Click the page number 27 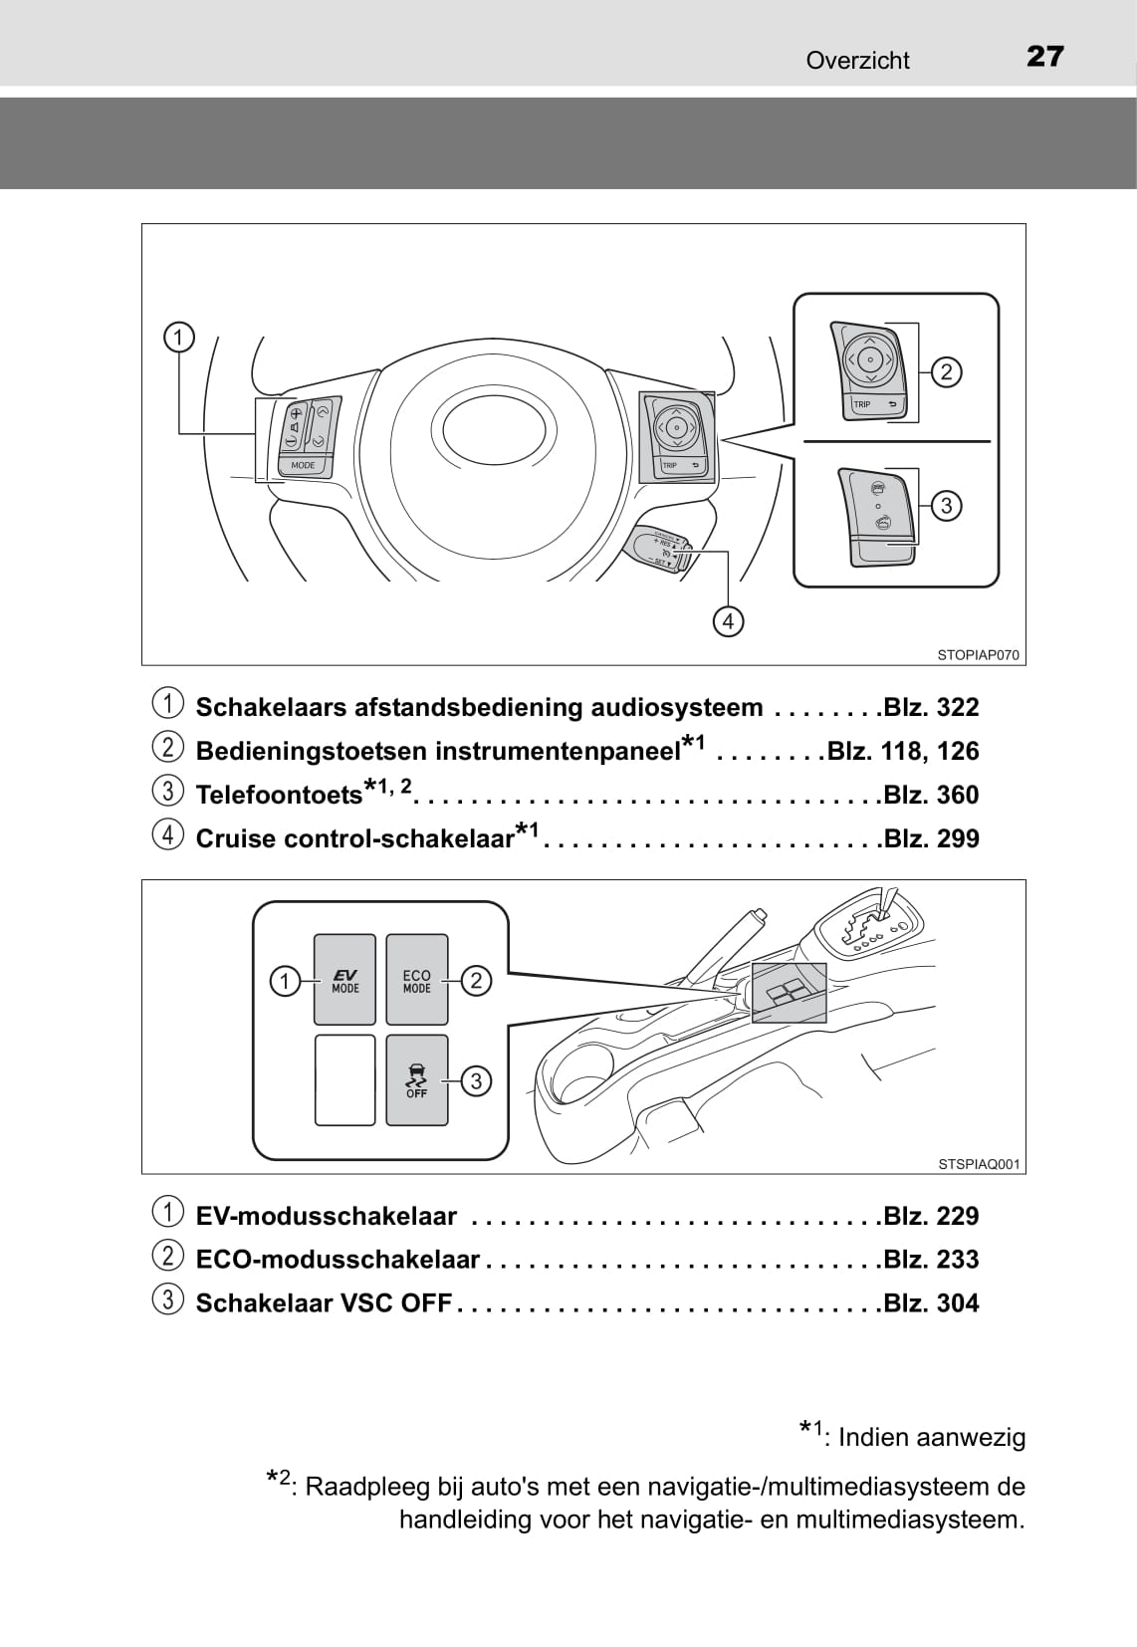pos(1044,57)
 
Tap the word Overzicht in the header pos(857,61)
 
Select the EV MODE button pos(344,980)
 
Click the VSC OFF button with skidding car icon pos(416,1079)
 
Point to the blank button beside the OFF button pos(344,1079)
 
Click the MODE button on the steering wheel pos(303,465)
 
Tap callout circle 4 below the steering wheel pos(729,621)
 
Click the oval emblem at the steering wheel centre pos(494,432)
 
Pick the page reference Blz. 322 pos(931,707)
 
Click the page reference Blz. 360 pos(931,795)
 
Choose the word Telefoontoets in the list pos(279,795)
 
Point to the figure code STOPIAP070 pos(978,655)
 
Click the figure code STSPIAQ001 pos(979,1164)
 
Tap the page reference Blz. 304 pos(931,1302)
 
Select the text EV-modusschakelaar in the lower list pos(327,1216)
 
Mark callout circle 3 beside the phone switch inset pos(946,506)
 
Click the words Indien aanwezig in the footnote pos(931,1437)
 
